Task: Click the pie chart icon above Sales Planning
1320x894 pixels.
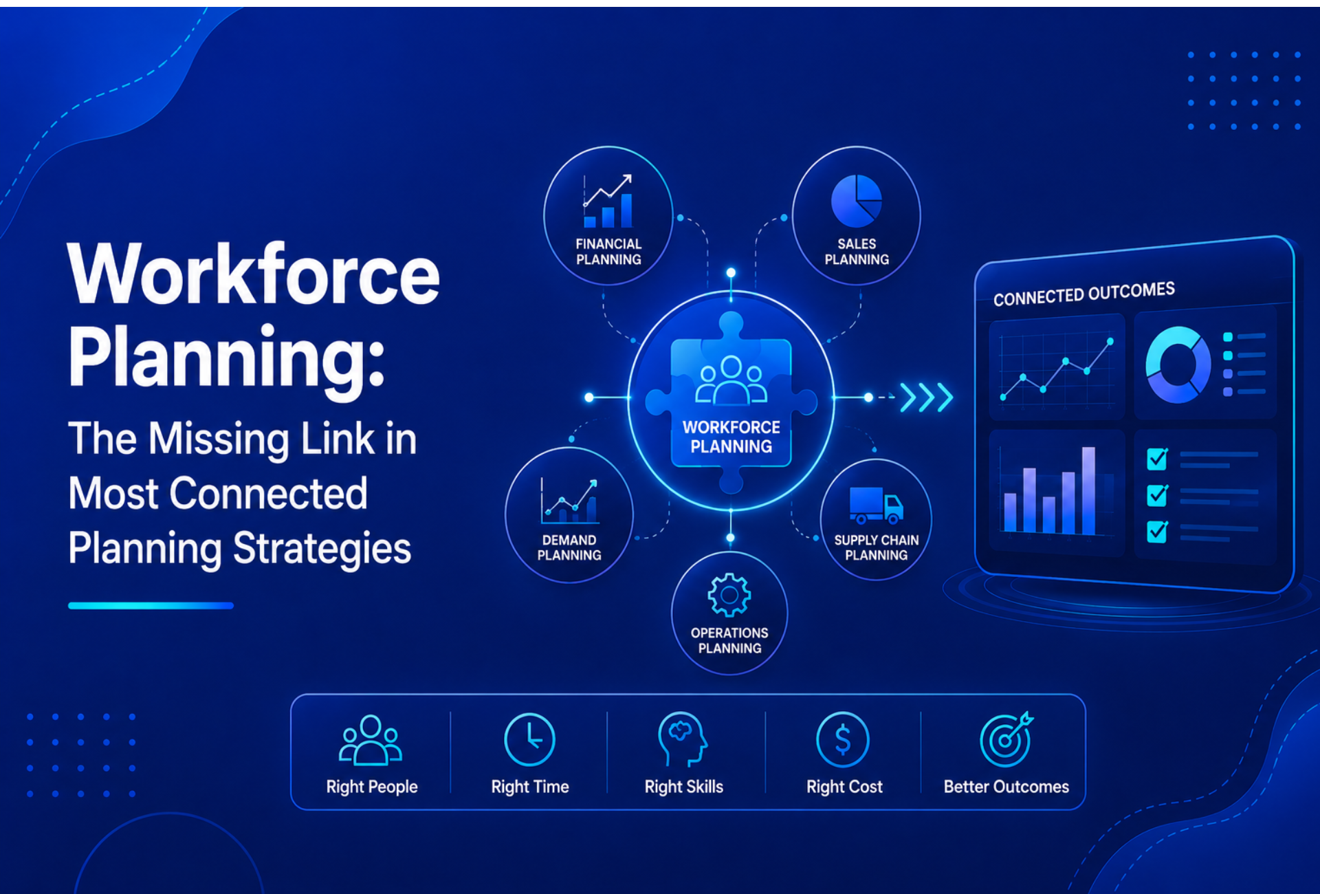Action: click(856, 201)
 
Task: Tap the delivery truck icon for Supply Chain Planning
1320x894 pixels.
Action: click(876, 505)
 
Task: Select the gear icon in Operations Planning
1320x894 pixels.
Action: click(729, 595)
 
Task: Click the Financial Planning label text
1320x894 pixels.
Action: click(608, 252)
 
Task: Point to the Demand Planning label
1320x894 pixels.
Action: click(569, 547)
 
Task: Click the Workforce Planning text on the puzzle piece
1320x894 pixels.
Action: click(731, 437)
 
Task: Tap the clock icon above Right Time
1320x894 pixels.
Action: click(529, 740)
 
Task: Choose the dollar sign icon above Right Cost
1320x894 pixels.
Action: click(843, 740)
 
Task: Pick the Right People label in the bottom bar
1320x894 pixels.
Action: click(372, 787)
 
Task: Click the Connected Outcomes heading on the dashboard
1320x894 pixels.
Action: click(1084, 294)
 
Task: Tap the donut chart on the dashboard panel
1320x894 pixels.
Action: click(1178, 364)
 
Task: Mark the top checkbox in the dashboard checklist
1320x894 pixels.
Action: click(1157, 459)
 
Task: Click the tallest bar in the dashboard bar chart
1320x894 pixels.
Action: click(1088, 490)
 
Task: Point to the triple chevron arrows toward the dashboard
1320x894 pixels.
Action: click(927, 397)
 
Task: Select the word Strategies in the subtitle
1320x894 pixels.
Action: click(322, 549)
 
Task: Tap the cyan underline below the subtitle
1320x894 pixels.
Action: click(151, 606)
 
